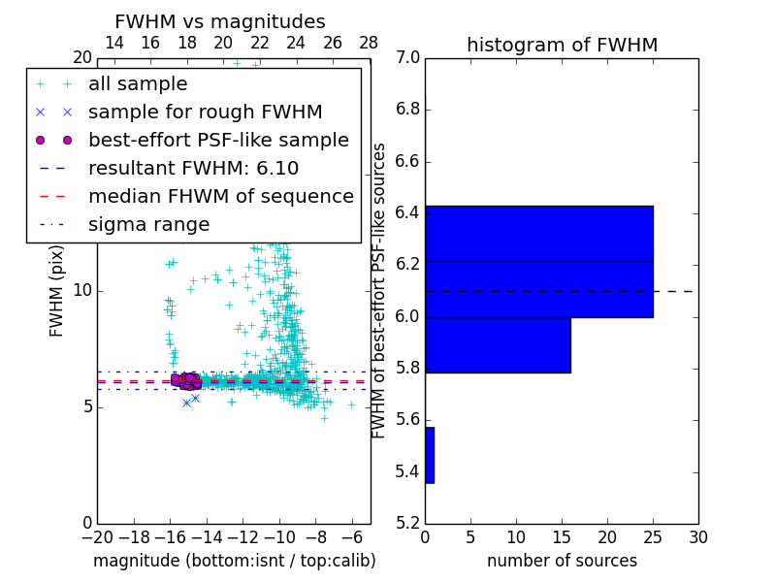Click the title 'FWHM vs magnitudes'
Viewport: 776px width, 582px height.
(x=220, y=21)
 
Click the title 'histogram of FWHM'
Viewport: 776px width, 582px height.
(x=562, y=45)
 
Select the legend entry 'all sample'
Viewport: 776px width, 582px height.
(x=138, y=84)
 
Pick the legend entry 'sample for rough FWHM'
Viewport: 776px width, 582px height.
(x=205, y=113)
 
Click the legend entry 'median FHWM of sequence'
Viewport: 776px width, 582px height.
(x=220, y=196)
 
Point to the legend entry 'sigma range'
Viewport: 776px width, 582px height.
(x=148, y=225)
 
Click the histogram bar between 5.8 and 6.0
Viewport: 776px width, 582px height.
(x=498, y=344)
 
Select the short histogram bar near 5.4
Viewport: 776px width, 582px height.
(x=430, y=455)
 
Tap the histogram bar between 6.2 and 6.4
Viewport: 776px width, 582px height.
(x=538, y=234)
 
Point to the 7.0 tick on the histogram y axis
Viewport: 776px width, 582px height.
(x=408, y=58)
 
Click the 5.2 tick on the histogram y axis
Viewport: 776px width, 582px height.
(x=408, y=524)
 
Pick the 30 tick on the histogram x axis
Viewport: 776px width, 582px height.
(x=697, y=536)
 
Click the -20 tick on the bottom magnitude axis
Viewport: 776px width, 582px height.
(x=97, y=536)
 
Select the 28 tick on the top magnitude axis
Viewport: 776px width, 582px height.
(x=370, y=43)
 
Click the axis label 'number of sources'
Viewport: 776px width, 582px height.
(x=562, y=561)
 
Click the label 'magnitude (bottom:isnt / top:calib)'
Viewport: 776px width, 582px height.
(x=234, y=561)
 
